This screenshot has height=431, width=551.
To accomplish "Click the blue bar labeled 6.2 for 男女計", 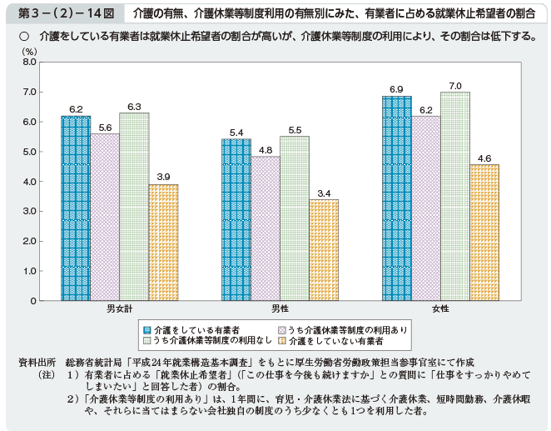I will (x=76, y=208).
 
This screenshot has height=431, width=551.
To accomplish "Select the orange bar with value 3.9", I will (x=163, y=243).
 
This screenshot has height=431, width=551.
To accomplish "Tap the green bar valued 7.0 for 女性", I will (x=454, y=196).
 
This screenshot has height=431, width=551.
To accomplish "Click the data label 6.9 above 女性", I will (x=396, y=89).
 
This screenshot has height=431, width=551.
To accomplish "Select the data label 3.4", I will (x=324, y=193).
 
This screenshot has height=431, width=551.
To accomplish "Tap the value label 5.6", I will (x=105, y=128).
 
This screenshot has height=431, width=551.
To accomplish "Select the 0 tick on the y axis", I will (x=34, y=301).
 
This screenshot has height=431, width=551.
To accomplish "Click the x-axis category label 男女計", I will (x=120, y=309).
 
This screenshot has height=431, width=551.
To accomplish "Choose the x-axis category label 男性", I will (x=280, y=309).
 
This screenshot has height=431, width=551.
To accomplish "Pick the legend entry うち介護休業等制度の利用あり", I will (x=348, y=330).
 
